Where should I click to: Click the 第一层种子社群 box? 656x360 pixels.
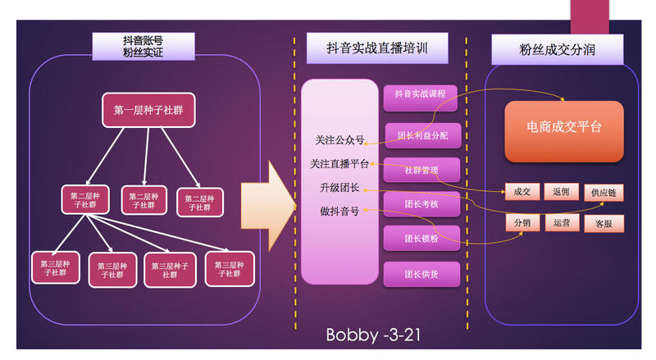pyautogui.click(x=148, y=110)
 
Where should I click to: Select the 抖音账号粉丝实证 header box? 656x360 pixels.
pyautogui.click(x=143, y=47)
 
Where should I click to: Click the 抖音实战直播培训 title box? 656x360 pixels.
pyautogui.click(x=378, y=48)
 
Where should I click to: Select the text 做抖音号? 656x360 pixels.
pyautogui.click(x=339, y=212)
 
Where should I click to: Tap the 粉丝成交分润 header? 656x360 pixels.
pyautogui.click(x=558, y=49)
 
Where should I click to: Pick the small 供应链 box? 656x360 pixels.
pyautogui.click(x=603, y=193)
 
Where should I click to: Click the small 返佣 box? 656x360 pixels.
pyautogui.click(x=562, y=191)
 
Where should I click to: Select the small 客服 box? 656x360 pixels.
pyautogui.click(x=604, y=224)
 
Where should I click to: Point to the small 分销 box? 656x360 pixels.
pyautogui.click(x=522, y=222)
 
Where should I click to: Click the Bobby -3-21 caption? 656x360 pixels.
pyautogui.click(x=374, y=335)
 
